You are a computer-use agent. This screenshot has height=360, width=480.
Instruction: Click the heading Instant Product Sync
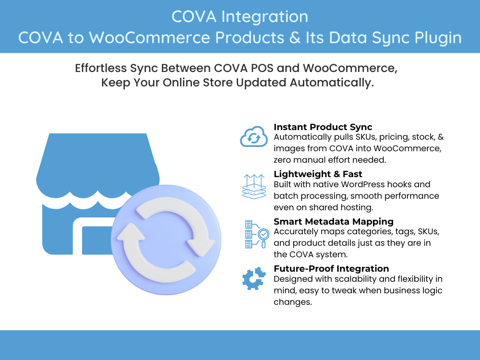pyautogui.click(x=323, y=127)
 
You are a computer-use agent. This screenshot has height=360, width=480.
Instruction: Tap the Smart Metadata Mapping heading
pyautogui.click(x=333, y=221)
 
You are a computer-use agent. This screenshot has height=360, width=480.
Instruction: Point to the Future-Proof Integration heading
pyautogui.click(x=331, y=268)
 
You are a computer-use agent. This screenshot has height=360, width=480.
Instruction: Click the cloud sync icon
pyautogui.click(x=253, y=136)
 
